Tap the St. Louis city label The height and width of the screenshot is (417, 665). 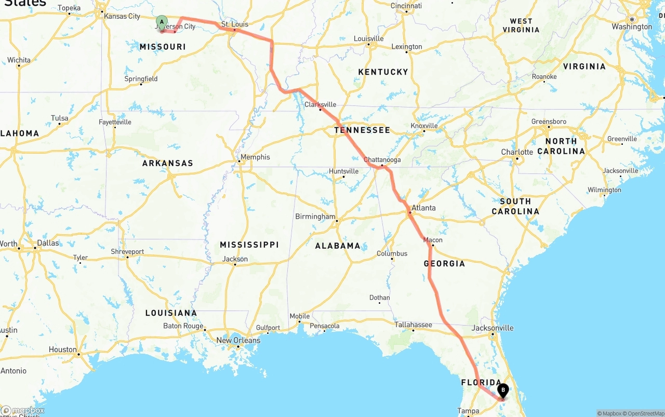click(235, 24)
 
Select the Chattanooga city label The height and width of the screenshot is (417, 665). click(382, 160)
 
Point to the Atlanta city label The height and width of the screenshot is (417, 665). click(423, 208)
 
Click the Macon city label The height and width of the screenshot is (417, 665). click(433, 240)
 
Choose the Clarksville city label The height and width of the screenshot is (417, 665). click(320, 104)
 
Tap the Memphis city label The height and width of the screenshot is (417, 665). click(255, 157)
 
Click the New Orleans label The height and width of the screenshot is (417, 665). click(238, 341)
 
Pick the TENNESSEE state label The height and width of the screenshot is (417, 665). click(362, 130)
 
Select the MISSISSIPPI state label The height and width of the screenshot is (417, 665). click(249, 245)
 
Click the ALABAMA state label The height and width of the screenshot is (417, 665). click(338, 246)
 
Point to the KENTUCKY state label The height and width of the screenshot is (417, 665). click(383, 72)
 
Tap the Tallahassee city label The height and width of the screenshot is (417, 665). click(413, 325)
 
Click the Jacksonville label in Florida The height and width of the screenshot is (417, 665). click(493, 328)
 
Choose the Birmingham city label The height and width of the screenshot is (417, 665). click(315, 216)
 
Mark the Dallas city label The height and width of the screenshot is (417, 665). click(48, 243)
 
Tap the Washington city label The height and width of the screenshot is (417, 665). click(632, 26)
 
